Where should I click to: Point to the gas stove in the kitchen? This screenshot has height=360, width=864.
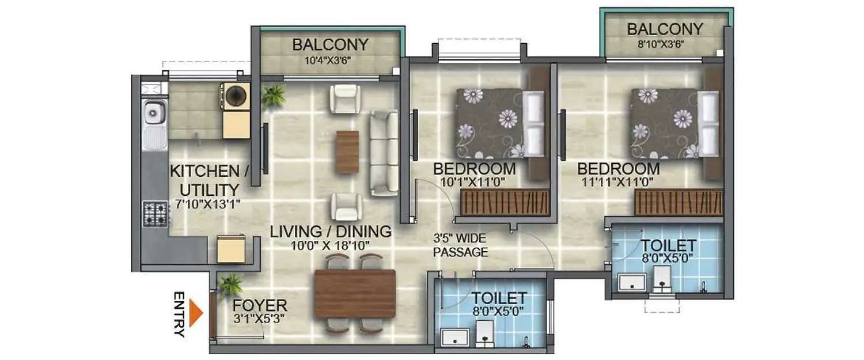tap(156, 213)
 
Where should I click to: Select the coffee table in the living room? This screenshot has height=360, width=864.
tap(347, 152)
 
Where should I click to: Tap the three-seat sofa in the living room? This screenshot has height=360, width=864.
tap(384, 153)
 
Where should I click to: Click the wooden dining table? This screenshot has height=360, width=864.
tap(354, 294)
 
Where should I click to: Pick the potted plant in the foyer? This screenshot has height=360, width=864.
tap(231, 284)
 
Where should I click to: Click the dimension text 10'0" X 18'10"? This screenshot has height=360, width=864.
tap(331, 245)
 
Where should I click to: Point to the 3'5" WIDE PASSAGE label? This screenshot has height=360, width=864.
tap(460, 244)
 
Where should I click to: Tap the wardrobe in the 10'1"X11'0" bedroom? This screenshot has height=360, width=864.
tap(504, 202)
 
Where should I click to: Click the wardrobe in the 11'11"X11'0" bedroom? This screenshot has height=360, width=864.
tap(679, 202)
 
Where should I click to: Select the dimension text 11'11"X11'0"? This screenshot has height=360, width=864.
tap(618, 183)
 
